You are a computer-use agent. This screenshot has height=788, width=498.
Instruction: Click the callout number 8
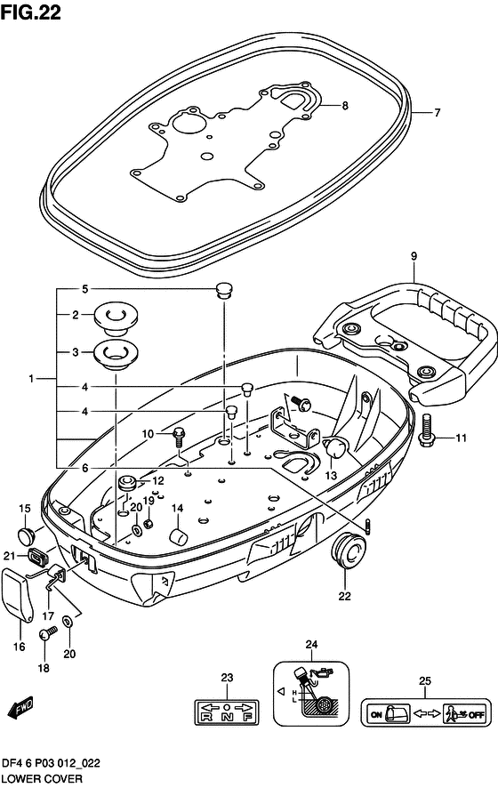(345, 106)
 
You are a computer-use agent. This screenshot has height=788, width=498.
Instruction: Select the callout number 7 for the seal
(438, 113)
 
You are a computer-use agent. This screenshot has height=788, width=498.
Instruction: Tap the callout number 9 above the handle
(414, 257)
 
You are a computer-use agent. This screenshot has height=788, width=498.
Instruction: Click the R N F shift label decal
(226, 712)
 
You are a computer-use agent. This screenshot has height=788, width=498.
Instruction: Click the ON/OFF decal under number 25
(424, 712)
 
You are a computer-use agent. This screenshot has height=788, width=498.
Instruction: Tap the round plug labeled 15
(25, 534)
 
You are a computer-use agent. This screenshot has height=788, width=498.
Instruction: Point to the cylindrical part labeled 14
(177, 536)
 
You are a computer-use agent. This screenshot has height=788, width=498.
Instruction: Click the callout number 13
(331, 477)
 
